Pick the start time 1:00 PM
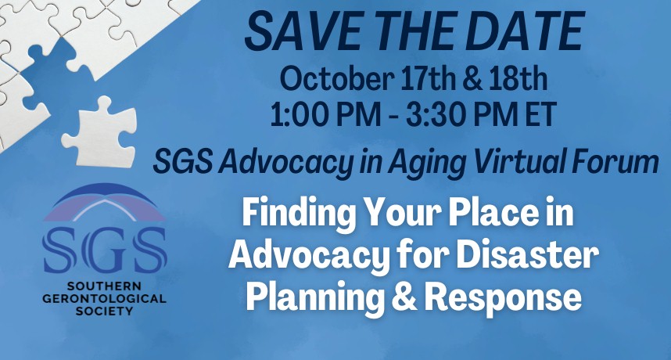point(325,114)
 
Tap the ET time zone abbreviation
point(540,114)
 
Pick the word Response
point(503,297)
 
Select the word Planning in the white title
point(315,297)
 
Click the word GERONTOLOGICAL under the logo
point(105,298)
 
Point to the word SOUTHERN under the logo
point(105,286)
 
